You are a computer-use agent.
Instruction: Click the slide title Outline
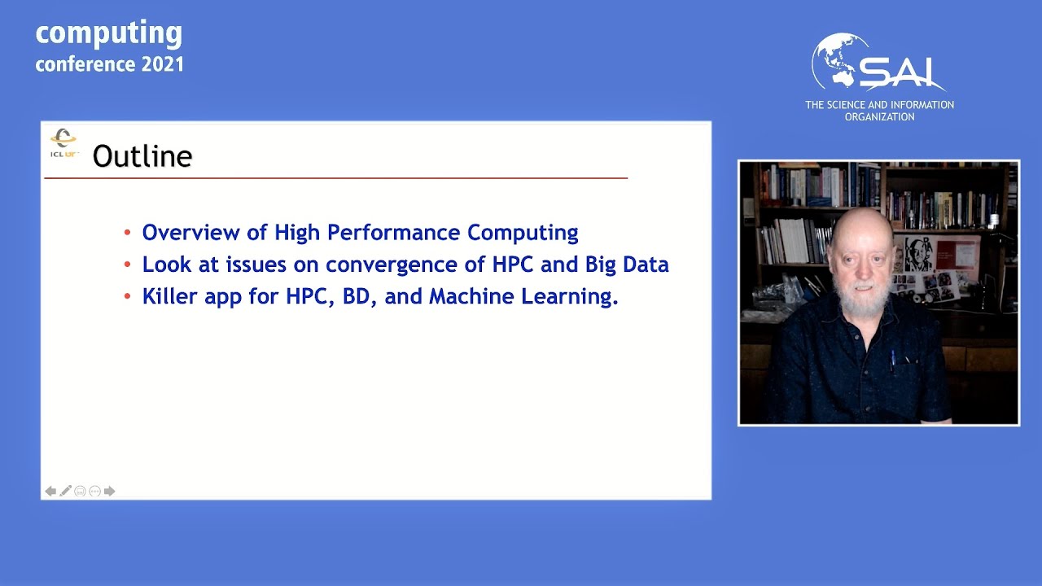pyautogui.click(x=142, y=156)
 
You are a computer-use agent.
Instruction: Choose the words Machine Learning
pyautogui.click(x=523, y=297)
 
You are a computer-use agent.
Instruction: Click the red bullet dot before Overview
pyautogui.click(x=127, y=234)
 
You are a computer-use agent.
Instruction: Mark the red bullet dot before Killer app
pyautogui.click(x=127, y=297)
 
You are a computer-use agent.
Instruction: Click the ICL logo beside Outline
pyautogui.click(x=63, y=143)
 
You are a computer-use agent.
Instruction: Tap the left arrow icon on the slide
pyautogui.click(x=50, y=491)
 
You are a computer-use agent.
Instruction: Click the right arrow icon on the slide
pyautogui.click(x=110, y=491)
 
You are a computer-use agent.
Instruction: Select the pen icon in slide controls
pyautogui.click(x=65, y=491)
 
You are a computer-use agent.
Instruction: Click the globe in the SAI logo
pyautogui.click(x=838, y=61)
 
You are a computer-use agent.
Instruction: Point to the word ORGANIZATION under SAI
pyautogui.click(x=879, y=117)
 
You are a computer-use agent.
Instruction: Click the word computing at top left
pyautogui.click(x=109, y=34)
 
